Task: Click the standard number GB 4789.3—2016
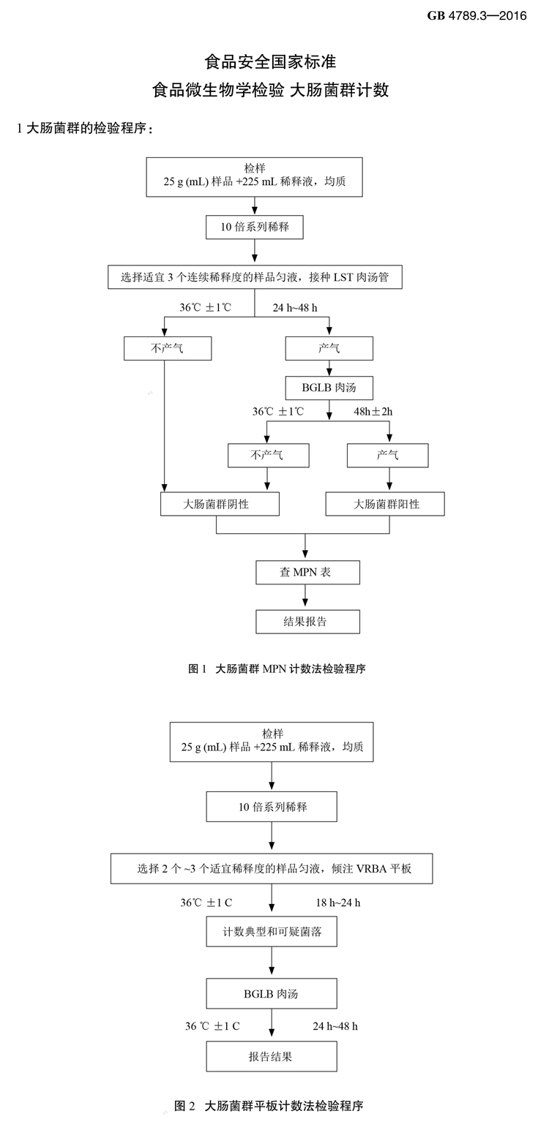[477, 16]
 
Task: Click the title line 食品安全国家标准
[270, 61]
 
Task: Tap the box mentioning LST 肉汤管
[255, 277]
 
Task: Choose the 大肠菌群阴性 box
[220, 504]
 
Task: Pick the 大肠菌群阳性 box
[384, 504]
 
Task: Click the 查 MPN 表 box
[307, 572]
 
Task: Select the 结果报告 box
[307, 622]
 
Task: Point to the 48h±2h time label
[373, 412]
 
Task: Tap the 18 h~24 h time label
[337, 903]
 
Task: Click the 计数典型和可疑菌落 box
[272, 932]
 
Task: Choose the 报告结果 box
[272, 1056]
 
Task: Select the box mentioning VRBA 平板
[272, 868]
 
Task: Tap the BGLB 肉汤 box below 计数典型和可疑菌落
[272, 994]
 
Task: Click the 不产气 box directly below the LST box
[168, 348]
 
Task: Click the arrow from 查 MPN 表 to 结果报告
[307, 597]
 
